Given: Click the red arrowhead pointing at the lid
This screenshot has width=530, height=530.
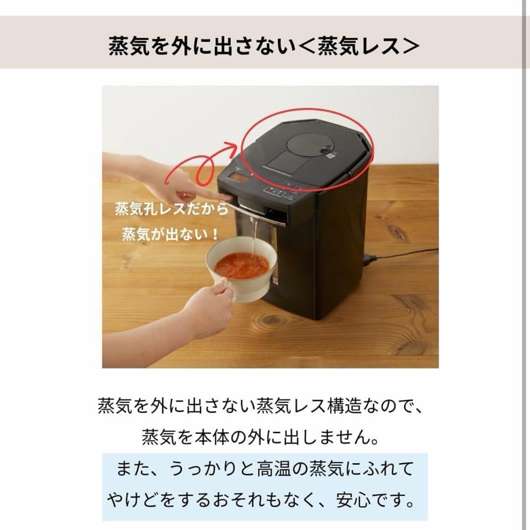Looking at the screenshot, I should coord(237,146).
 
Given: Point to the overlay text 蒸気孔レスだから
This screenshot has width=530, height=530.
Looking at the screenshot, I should coord(172,210).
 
